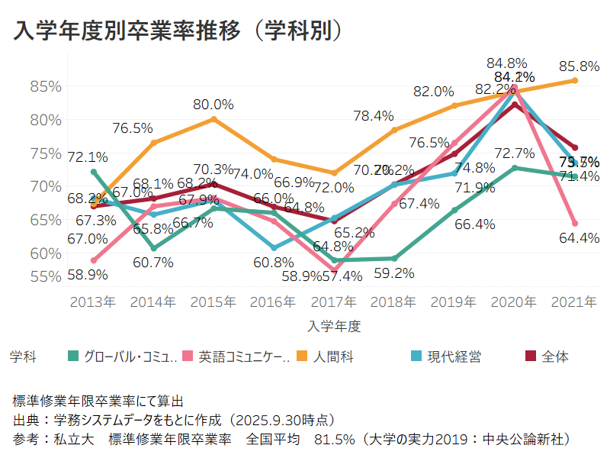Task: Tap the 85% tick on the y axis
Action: pyautogui.click(x=46, y=86)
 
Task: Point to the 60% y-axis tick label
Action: pyautogui.click(x=46, y=253)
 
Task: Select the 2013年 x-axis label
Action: pyautogui.click(x=93, y=302)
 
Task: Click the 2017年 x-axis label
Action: pyautogui.click(x=334, y=302)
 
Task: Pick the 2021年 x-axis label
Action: pyautogui.click(x=574, y=302)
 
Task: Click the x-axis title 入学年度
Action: pyautogui.click(x=334, y=326)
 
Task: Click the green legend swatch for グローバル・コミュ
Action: pyautogui.click(x=74, y=356)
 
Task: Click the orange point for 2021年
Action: pyautogui.click(x=575, y=80)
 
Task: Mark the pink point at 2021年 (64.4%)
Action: pyautogui.click(x=575, y=224)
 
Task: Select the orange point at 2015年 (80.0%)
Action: pyautogui.click(x=213, y=119)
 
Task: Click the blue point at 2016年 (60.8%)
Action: pyautogui.click(x=274, y=248)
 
